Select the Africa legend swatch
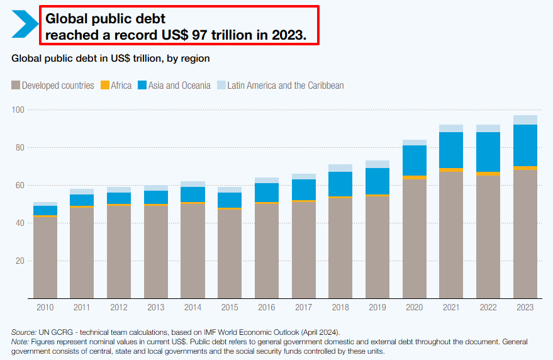pyautogui.click(x=105, y=86)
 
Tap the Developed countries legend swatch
pyautogui.click(x=16, y=86)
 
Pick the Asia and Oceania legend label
pyautogui.click(x=179, y=86)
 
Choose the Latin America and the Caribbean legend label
pyautogui.click(x=286, y=86)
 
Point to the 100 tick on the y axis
pyautogui.click(x=18, y=110)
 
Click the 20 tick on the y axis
pyautogui.click(x=20, y=261)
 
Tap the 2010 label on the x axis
pyautogui.click(x=45, y=307)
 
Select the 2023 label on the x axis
pyautogui.click(x=525, y=307)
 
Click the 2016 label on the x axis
pyautogui.click(x=267, y=307)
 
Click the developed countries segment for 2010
pyautogui.click(x=45, y=258)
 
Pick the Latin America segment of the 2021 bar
pyautogui.click(x=452, y=128)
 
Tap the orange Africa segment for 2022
pyautogui.click(x=489, y=174)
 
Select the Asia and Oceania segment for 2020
pyautogui.click(x=415, y=160)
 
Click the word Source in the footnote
pyautogui.click(x=23, y=332)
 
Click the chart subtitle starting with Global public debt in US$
pyautogui.click(x=110, y=59)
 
